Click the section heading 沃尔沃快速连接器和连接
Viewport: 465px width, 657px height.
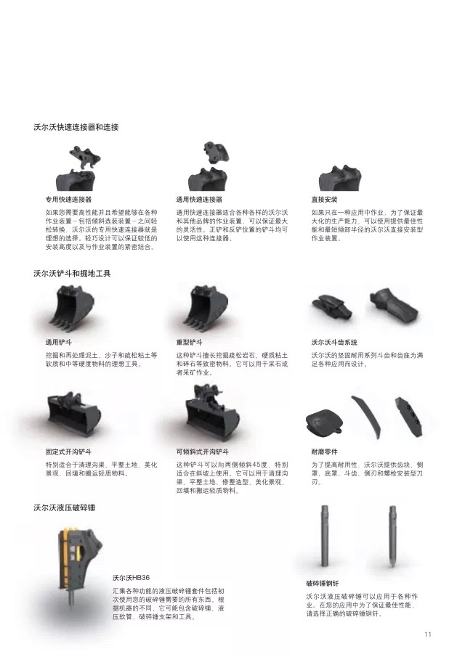[76, 127]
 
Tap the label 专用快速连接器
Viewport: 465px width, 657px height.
[68, 200]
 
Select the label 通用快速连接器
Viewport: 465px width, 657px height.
[199, 200]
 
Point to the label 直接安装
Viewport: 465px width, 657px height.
[324, 200]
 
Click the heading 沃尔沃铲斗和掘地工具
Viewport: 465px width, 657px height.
[72, 274]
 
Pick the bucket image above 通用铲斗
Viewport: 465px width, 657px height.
[73, 306]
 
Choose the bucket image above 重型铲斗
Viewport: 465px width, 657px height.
[208, 306]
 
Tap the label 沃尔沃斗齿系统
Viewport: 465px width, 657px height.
[334, 343]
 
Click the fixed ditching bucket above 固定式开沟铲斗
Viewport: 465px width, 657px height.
[74, 412]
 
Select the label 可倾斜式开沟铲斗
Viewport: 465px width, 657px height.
[203, 452]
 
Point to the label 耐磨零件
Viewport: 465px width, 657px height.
[324, 452]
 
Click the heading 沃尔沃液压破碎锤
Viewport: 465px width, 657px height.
[65, 508]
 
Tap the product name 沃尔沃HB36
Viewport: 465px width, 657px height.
[131, 578]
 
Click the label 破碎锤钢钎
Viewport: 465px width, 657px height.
[323, 583]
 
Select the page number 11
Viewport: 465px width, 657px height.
[428, 634]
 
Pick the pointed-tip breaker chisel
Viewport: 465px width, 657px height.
[392, 536]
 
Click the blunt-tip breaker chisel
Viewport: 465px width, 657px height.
[325, 536]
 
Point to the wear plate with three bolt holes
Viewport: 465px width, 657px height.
[408, 416]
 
